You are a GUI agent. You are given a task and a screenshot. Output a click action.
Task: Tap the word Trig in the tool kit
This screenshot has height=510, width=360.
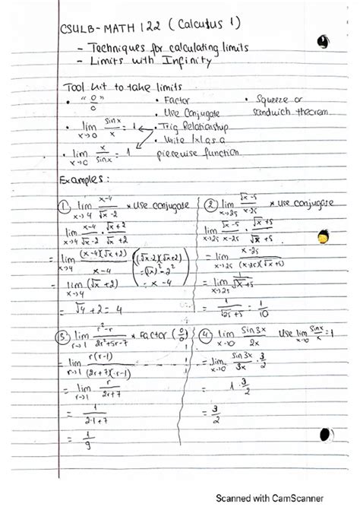174,125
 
